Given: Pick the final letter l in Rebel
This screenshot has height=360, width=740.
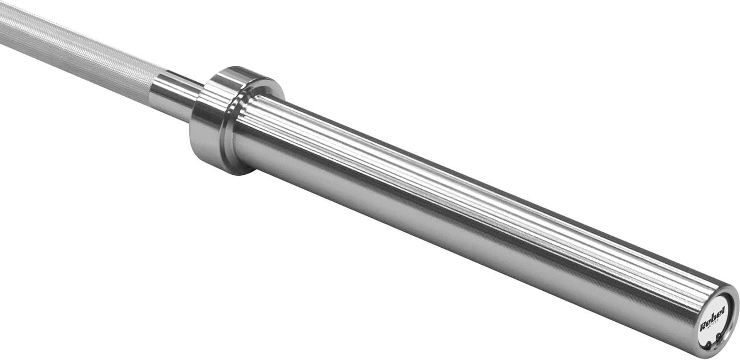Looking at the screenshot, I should point(722,310).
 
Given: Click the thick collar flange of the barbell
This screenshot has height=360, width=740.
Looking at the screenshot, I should point(213,121).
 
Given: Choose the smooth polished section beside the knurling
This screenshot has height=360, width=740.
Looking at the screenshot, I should point(174,94).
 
